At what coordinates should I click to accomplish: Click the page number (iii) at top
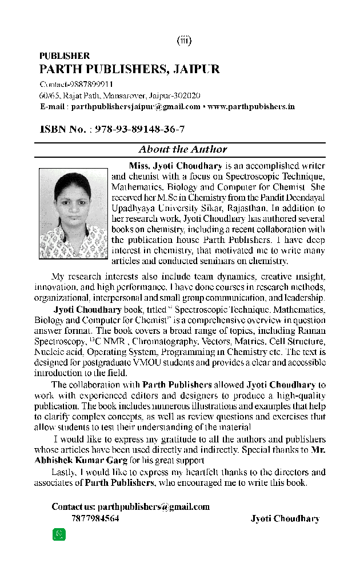click(x=183, y=40)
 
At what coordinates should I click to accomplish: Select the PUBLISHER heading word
click(x=65, y=56)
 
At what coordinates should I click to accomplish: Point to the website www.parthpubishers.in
click(x=251, y=106)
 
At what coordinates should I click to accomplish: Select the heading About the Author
click(x=183, y=149)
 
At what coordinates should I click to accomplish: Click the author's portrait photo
click(x=73, y=214)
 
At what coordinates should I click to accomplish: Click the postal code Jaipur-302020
click(x=175, y=95)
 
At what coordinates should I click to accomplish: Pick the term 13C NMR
click(x=96, y=341)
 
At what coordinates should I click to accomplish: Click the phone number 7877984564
click(x=95, y=518)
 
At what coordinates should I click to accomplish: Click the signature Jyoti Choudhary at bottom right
click(x=285, y=518)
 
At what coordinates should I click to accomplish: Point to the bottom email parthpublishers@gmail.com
click(x=154, y=506)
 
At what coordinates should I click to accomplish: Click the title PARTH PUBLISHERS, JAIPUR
click(x=129, y=70)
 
